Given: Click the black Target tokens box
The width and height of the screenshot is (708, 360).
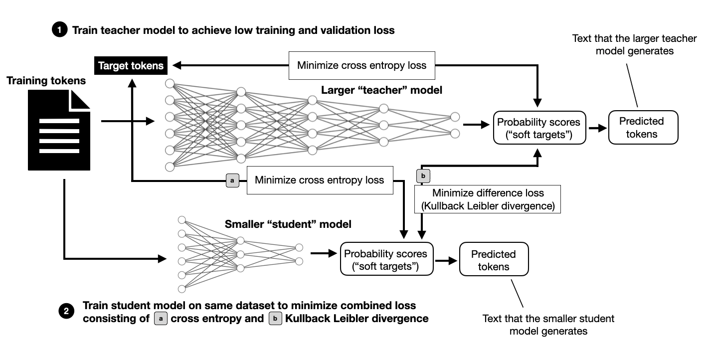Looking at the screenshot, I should coord(131,65).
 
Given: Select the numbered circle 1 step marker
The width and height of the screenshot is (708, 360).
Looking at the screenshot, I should coord(59,30).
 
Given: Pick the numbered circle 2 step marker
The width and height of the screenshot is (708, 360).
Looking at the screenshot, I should coord(66,312).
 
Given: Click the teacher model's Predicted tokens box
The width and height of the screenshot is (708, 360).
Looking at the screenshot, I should coord(643,128).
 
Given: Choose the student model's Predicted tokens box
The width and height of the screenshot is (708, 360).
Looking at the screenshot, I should coord(494,259).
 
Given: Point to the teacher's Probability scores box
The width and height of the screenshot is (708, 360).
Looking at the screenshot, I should coord(538,128).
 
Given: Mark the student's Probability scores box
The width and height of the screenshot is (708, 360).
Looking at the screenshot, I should coord(387,259).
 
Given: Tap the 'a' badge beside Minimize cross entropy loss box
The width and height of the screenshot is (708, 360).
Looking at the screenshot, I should coord(233,180).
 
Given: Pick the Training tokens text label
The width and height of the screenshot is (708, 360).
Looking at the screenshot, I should coord(46,80).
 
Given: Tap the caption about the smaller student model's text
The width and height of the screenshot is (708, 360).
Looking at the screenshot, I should coord(548,325).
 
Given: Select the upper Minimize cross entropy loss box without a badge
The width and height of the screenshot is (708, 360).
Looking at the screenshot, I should coord(361,65).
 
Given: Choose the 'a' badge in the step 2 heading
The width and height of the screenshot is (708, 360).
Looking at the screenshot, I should coord(160,318).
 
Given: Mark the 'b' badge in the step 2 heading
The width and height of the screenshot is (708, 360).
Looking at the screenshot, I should coord(275,318).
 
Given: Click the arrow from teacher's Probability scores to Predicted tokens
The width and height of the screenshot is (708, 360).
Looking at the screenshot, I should coord(597,128).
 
